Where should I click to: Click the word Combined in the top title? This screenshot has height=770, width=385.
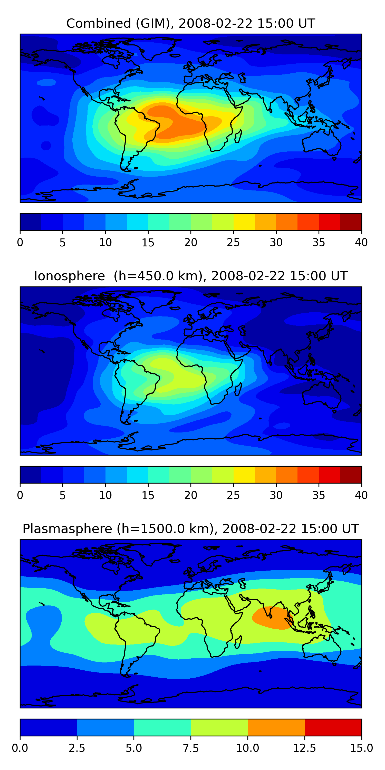click(99, 23)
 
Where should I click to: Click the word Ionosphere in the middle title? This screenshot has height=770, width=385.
click(70, 276)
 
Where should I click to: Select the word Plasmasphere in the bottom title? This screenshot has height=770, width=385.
click(67, 529)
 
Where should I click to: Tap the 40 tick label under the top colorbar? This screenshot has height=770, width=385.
click(361, 242)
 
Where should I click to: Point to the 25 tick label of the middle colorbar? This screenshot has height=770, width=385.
click(233, 495)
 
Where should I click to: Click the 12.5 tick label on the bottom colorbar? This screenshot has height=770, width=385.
click(305, 748)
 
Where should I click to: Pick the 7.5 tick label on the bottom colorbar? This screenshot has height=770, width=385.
click(191, 748)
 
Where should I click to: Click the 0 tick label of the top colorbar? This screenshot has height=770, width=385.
click(20, 242)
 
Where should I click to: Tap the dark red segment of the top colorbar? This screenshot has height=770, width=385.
click(351, 222)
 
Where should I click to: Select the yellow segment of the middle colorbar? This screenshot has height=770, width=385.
click(244, 474)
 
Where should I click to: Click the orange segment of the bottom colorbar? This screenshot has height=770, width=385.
click(276, 727)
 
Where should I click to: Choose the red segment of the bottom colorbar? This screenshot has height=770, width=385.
click(333, 727)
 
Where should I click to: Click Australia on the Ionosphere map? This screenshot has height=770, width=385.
click(322, 394)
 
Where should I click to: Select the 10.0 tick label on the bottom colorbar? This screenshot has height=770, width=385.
click(248, 748)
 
